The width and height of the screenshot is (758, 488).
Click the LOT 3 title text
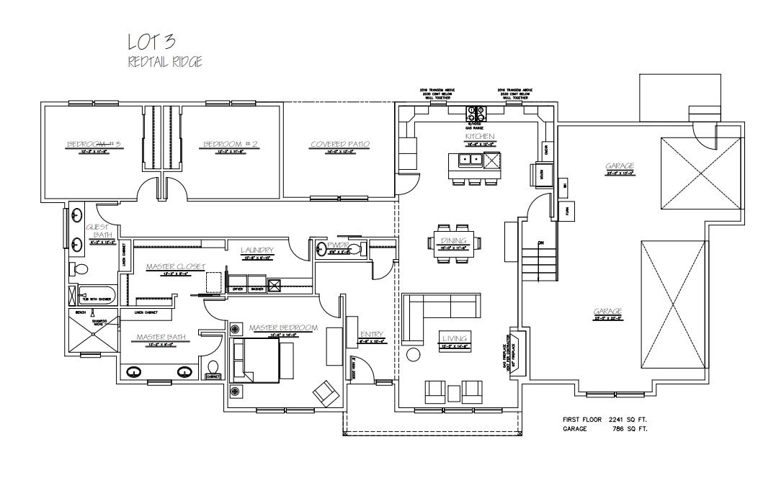click(152, 42)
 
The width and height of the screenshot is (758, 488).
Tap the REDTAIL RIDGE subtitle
click(164, 63)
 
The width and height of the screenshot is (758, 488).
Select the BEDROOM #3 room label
click(92, 145)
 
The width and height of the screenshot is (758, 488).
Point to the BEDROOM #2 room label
click(230, 145)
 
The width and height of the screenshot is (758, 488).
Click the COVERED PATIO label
click(340, 145)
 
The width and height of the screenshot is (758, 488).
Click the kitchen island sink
click(468, 161)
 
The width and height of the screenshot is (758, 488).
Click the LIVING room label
click(455, 338)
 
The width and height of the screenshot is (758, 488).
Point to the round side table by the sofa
click(414, 355)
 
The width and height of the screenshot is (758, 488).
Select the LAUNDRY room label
click(257, 250)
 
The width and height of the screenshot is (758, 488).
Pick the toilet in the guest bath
click(80, 269)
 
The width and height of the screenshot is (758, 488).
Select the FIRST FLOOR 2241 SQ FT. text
click(605, 419)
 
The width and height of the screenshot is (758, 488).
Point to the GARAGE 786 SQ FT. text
click(605, 428)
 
